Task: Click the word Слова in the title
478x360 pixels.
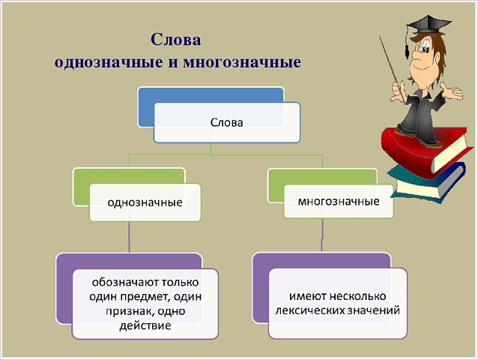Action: [x=176, y=40]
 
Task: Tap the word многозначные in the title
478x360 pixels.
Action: [x=242, y=62]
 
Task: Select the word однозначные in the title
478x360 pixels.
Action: [x=109, y=62]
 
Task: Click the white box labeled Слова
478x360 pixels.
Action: [x=227, y=123]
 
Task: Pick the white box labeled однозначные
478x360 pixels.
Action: [x=145, y=202]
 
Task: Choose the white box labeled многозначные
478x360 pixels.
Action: [x=339, y=201]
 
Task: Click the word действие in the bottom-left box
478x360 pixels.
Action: [x=145, y=325]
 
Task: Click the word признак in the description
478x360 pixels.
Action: [x=128, y=311]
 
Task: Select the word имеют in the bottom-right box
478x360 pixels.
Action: [x=308, y=296]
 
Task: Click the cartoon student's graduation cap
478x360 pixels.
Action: [x=429, y=25]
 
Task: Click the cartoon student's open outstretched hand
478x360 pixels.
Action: [x=452, y=91]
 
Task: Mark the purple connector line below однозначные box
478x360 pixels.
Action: [x=129, y=237]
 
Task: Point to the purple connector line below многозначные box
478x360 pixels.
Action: [x=322, y=235]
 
